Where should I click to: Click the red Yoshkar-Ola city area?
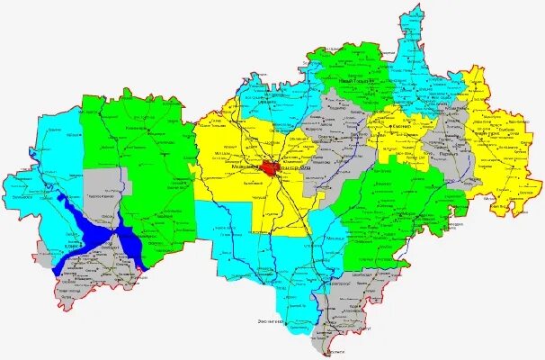(x=272, y=167)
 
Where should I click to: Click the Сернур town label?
(x=401, y=128)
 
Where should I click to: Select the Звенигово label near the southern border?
(x=266, y=320)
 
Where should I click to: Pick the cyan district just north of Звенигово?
(x=261, y=261)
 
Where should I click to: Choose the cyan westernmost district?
(x=45, y=171)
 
